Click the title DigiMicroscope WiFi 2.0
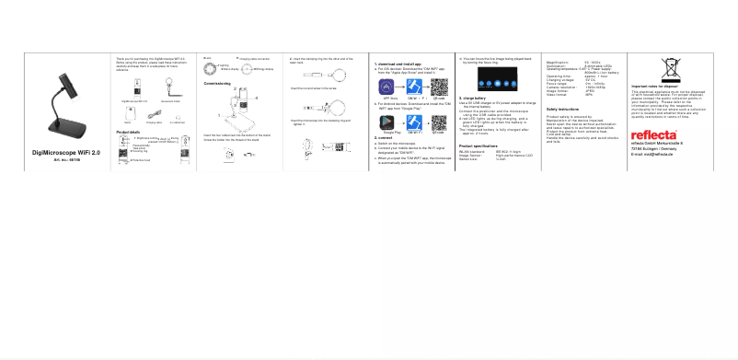(66, 151)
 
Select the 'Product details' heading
(129, 133)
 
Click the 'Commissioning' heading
(217, 83)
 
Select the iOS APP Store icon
(386, 86)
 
